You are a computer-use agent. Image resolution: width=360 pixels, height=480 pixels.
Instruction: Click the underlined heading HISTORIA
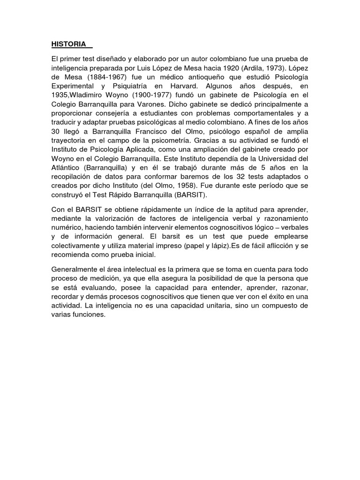(x=68, y=44)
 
